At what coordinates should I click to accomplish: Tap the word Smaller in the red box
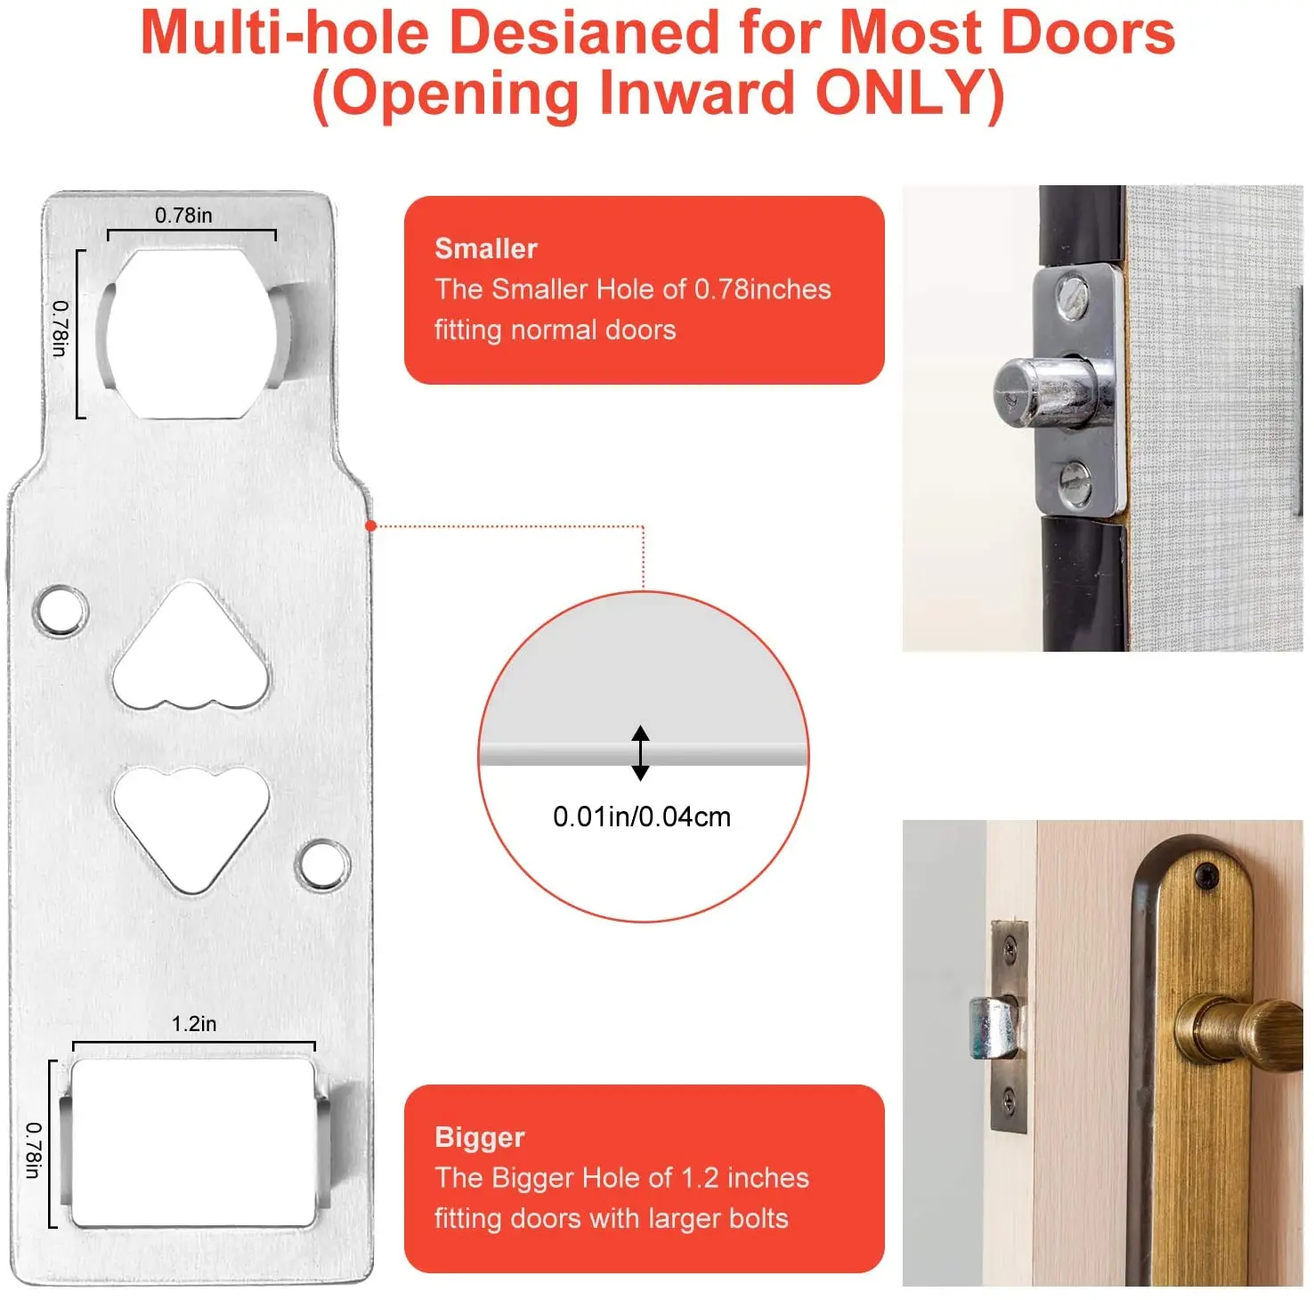tap(486, 248)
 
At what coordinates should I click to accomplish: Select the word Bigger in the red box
tap(480, 1137)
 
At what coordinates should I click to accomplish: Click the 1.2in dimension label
tap(194, 1024)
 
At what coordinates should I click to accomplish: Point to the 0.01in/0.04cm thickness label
tap(642, 817)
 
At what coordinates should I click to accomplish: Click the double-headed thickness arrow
tap(640, 753)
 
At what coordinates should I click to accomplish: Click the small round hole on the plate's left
tap(59, 611)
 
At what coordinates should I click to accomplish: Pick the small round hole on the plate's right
tap(321, 864)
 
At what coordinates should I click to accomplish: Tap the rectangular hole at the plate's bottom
tap(193, 1142)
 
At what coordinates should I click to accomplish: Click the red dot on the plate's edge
tap(371, 526)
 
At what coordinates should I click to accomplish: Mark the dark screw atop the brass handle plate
tap(1206, 876)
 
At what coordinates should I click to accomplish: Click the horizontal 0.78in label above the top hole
tap(183, 215)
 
